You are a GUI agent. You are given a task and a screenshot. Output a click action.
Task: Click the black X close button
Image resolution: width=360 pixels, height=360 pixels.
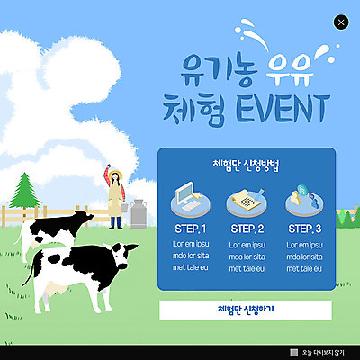[x=340, y=22]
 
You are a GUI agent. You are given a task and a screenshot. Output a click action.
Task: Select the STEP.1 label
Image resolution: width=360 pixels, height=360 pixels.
[x=190, y=229]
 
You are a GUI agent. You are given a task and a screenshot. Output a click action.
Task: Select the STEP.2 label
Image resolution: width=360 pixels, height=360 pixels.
[x=247, y=229]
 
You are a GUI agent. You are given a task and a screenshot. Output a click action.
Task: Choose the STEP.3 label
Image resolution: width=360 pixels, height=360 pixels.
[x=304, y=229]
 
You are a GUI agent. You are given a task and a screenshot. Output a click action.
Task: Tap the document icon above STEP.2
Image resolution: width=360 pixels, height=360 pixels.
[x=247, y=198]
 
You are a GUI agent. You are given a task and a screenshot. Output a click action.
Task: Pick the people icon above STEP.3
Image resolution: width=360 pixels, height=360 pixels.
[x=304, y=198]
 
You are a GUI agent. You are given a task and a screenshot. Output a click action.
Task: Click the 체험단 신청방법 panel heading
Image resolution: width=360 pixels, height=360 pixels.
[x=247, y=165]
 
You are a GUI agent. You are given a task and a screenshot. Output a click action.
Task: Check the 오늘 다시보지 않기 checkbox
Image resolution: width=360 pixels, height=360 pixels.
[x=293, y=352]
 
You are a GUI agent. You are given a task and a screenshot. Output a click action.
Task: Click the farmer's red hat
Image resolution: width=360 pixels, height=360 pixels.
[x=115, y=174]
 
